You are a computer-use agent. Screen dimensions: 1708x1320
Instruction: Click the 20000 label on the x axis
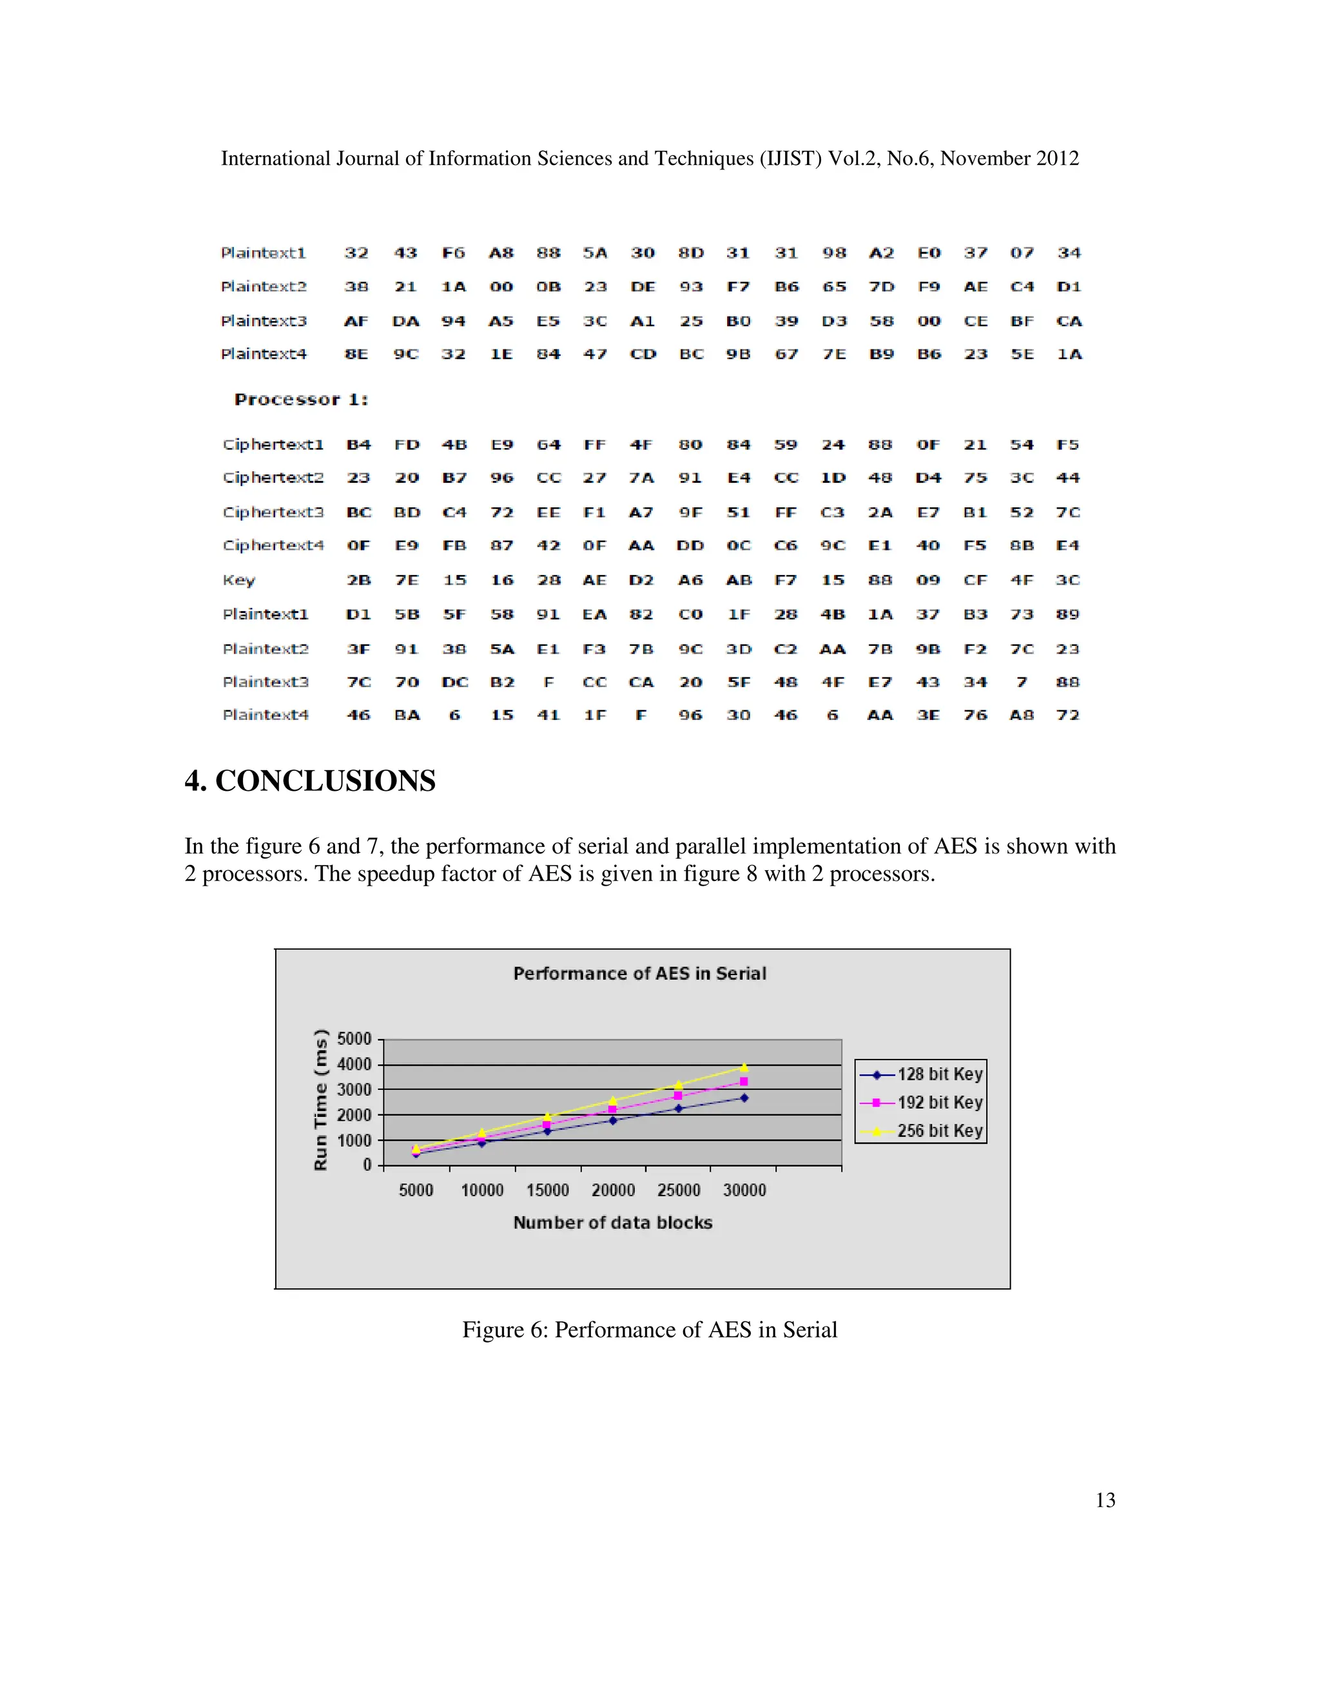(613, 1190)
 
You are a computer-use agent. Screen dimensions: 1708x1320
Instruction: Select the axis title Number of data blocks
(612, 1222)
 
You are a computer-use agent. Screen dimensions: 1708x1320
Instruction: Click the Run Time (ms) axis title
(320, 1100)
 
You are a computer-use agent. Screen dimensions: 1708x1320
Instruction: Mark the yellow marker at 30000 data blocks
(744, 1067)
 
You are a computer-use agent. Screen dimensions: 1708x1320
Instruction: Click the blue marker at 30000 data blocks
(744, 1098)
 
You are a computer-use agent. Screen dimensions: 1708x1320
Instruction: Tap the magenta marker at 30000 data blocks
(744, 1082)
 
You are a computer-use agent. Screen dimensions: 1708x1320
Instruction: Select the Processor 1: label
(301, 400)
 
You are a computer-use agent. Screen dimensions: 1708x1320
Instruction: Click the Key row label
(238, 580)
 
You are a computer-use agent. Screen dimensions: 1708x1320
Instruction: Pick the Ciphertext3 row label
(273, 512)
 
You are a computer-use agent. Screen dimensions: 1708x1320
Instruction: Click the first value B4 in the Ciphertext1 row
(358, 445)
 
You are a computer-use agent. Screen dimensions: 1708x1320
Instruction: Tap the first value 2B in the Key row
(358, 580)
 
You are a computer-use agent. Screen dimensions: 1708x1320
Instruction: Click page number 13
(1105, 1500)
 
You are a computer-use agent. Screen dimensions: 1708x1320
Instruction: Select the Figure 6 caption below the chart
(649, 1330)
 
